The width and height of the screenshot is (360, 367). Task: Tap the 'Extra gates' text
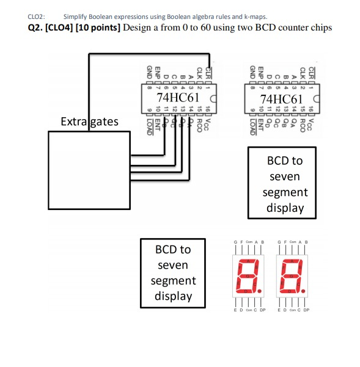coord(89,122)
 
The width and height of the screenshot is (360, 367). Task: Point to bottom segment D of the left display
coord(246,289)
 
